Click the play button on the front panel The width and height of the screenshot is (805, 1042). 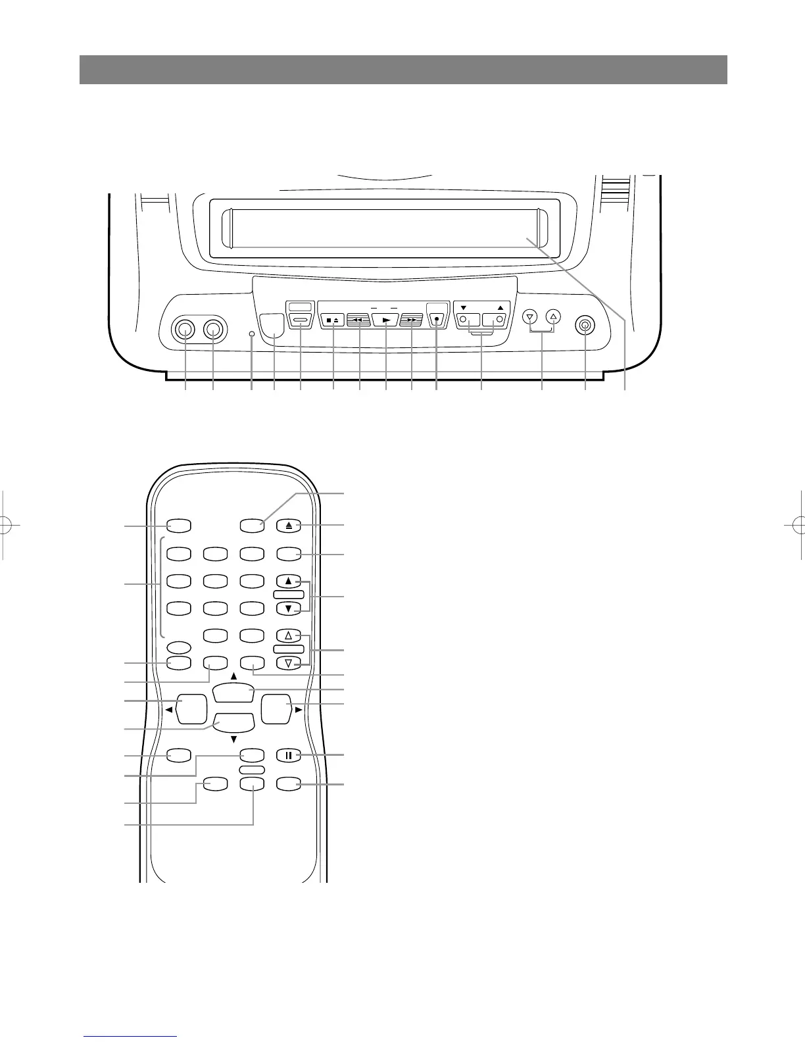click(x=385, y=320)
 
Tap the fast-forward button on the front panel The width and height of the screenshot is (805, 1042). click(x=411, y=320)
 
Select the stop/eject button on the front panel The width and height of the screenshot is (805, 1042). click(x=333, y=320)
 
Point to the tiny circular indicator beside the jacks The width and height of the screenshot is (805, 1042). click(x=252, y=335)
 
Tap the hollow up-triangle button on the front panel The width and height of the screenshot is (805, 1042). click(x=554, y=316)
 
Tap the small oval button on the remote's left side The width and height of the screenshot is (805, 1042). click(x=178, y=646)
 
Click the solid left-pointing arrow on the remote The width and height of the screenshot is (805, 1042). click(x=169, y=710)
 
